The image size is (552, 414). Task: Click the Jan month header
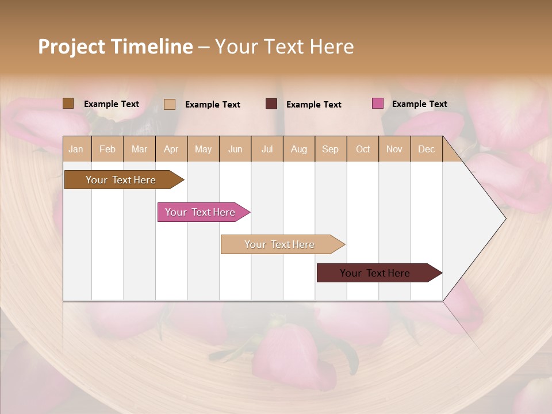[x=76, y=149]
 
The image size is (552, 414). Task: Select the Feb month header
[x=108, y=149]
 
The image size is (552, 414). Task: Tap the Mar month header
[x=139, y=149]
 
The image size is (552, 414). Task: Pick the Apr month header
[x=171, y=149]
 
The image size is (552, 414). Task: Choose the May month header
[x=203, y=149]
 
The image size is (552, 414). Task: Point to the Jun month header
[x=235, y=149]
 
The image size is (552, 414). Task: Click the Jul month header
[x=267, y=149]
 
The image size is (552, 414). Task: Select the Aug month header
[x=299, y=149]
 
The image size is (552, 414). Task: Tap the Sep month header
[x=331, y=149]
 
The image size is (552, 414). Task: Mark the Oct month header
[x=363, y=149]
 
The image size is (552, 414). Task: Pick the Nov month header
[x=394, y=149]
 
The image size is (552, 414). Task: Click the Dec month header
[x=427, y=149]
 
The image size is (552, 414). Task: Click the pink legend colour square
[x=378, y=103]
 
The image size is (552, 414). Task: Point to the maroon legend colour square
[x=271, y=104]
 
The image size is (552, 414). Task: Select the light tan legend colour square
[x=170, y=104]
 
